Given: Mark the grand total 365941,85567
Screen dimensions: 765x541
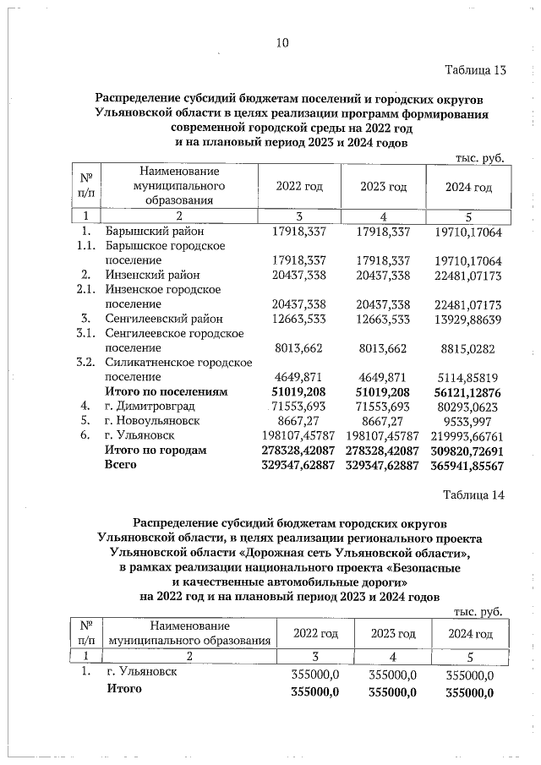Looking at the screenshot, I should [x=465, y=466].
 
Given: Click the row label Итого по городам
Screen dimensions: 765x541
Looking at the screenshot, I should [x=155, y=451].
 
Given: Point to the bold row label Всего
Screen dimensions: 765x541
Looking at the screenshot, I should [x=120, y=465].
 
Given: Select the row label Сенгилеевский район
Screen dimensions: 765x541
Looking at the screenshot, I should [x=163, y=319].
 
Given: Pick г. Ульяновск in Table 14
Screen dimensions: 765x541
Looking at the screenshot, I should [x=142, y=674].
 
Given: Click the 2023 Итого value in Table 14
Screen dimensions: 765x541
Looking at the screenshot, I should [x=392, y=691].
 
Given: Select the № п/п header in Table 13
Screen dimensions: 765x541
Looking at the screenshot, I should [x=85, y=186].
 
